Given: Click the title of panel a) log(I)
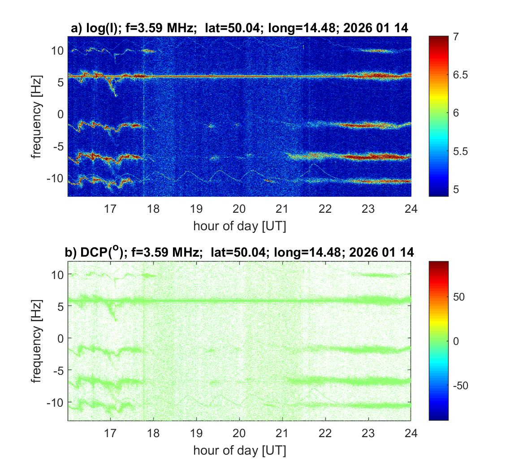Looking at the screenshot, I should pyautogui.click(x=240, y=28).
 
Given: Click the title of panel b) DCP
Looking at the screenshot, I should pyautogui.click(x=240, y=252).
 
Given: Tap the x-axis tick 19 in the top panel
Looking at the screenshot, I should pyautogui.click(x=196, y=208).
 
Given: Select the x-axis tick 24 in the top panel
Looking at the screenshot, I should pyautogui.click(x=411, y=208).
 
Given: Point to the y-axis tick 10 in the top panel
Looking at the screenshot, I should pyautogui.click(x=57, y=51).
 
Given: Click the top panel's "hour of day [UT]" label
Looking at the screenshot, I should pyautogui.click(x=240, y=226).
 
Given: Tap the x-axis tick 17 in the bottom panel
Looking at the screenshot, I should pyautogui.click(x=110, y=433).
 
